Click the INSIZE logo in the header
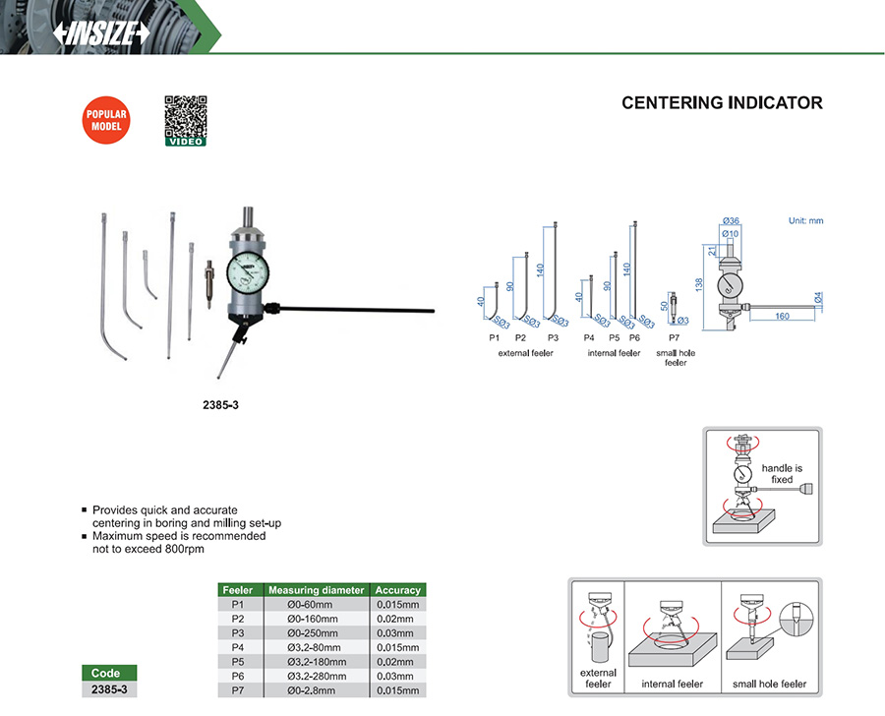coord(102,31)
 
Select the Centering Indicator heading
coord(722,102)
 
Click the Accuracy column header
coord(398,590)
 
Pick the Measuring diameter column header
coord(317,590)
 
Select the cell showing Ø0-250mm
coord(313,632)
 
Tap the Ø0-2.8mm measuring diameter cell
coord(313,690)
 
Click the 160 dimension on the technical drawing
coord(783,317)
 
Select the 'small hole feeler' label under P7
coord(676,358)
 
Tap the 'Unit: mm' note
coord(805,220)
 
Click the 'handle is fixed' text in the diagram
coord(782,474)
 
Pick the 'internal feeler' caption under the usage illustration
coord(674,684)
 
